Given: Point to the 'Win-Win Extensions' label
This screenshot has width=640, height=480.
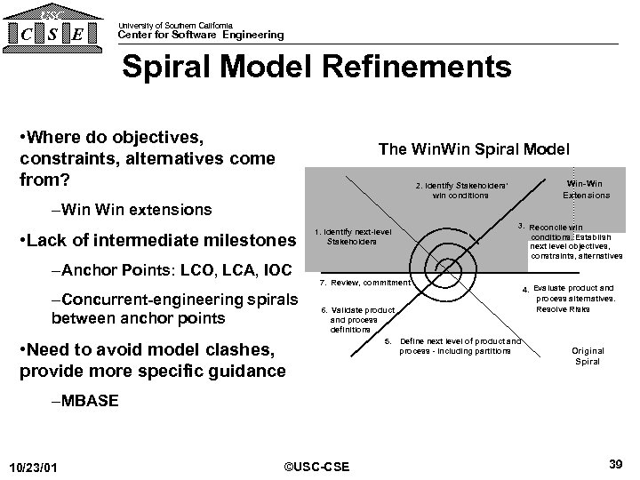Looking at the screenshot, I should click(586, 189).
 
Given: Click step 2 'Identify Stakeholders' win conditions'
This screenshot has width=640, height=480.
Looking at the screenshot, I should click(460, 190).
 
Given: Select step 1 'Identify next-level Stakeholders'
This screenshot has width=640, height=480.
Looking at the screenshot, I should click(352, 236).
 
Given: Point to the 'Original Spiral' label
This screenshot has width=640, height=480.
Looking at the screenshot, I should click(587, 356).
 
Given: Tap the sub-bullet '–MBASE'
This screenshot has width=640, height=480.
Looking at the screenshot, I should click(85, 401).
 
